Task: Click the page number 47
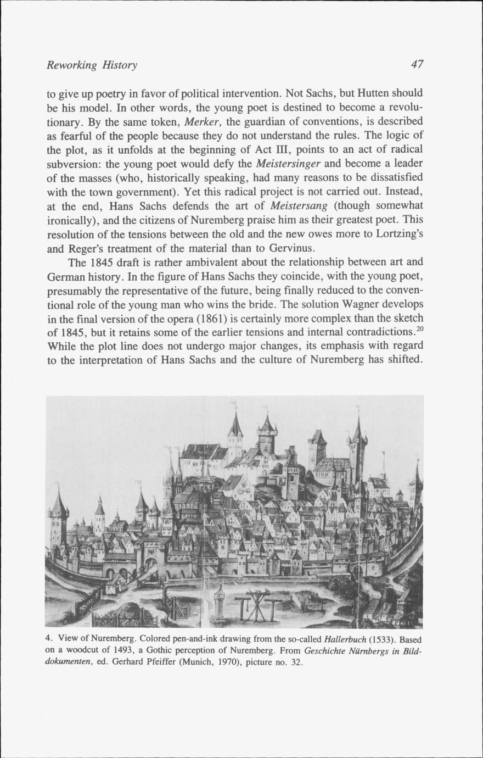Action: [417, 65]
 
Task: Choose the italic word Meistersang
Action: [299, 206]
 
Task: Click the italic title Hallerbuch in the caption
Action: [346, 640]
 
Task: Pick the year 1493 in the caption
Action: [111, 651]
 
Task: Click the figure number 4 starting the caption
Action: [48, 640]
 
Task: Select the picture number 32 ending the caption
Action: [296, 662]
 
